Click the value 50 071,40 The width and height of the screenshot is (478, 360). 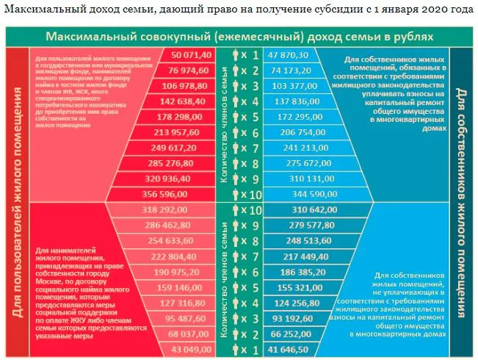191,55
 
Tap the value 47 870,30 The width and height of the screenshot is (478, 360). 287,55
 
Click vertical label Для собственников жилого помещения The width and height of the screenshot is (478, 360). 462,198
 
